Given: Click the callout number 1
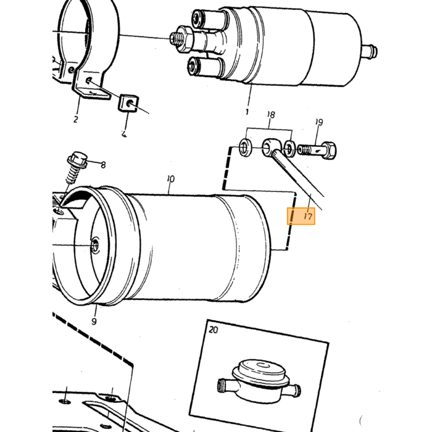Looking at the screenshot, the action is (247, 112).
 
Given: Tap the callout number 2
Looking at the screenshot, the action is (76, 119).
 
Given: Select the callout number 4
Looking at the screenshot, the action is (124, 135).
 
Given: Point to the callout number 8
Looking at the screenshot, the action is (103, 165).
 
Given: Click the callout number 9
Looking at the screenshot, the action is (94, 322).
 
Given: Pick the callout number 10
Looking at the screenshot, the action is (171, 179).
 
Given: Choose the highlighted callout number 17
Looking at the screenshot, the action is (309, 216).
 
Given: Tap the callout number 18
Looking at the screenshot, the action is (271, 115).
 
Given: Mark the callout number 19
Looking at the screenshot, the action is (319, 122).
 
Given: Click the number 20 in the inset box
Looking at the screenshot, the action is (214, 330).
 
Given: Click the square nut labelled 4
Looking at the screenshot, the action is (128, 103).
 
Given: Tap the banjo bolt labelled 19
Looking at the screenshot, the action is (317, 150).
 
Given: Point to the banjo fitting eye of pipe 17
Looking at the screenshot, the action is (270, 147).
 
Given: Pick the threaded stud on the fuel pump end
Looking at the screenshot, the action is (175, 38).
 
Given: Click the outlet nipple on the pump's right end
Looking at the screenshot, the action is (370, 51).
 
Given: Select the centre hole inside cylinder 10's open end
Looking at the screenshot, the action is (95, 244).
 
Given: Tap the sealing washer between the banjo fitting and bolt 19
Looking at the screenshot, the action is (290, 148).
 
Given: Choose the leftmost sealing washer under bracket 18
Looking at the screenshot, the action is (246, 147).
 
